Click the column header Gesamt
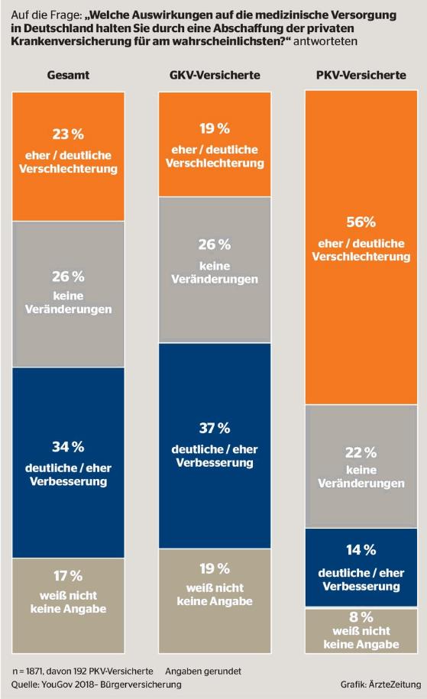68,75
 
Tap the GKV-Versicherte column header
215,75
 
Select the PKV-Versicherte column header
361,75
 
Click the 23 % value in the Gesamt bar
68,134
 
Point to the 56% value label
361,222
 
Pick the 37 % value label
215,428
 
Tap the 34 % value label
68,447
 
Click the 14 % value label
361,550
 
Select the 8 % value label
361,617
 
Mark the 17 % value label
68,576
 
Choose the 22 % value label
361,453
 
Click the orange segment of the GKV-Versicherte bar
215,144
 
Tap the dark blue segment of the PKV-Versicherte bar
361,567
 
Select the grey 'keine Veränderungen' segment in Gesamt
68,294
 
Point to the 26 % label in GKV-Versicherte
215,244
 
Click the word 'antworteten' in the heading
325,41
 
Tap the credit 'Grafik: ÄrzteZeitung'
380,684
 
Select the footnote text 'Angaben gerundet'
203,671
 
